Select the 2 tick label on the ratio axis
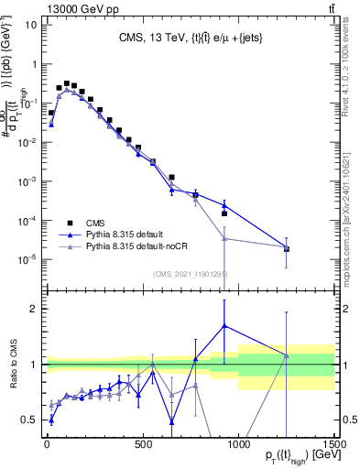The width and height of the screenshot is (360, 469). (32, 309)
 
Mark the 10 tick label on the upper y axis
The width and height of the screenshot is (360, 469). (27, 25)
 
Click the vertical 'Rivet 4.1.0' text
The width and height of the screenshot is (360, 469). (351, 69)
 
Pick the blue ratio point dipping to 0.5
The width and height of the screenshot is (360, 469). (171, 421)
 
